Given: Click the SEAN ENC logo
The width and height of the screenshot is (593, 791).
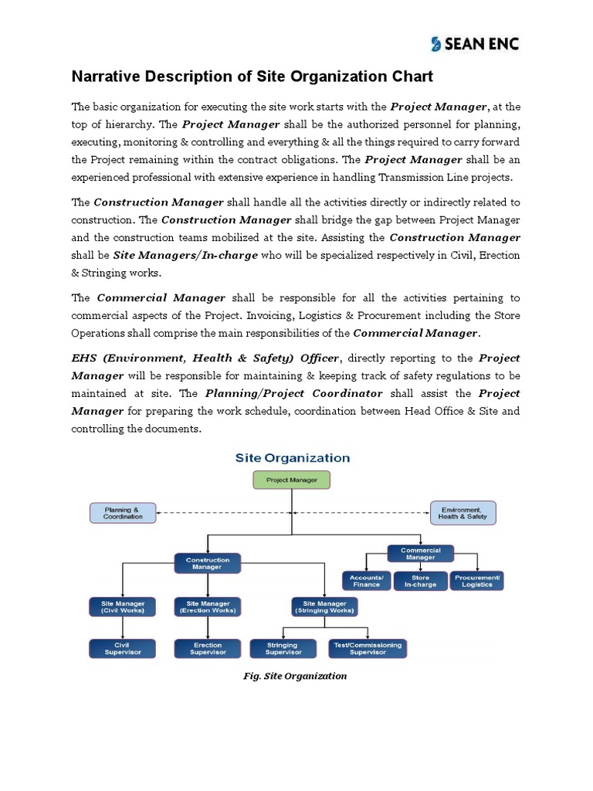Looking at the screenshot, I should coord(475,44).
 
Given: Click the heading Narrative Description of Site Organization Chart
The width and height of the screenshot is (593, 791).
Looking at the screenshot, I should coord(252,76).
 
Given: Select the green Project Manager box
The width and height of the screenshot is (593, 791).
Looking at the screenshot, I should coord(291,480).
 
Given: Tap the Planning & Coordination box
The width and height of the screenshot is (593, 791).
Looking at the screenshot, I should coord(123,513).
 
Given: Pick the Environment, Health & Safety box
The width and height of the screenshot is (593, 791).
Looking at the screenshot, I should coord(463,513).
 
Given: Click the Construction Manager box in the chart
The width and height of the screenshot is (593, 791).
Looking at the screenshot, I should coord(207,563).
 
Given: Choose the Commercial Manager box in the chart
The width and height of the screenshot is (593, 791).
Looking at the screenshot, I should coord(420,553).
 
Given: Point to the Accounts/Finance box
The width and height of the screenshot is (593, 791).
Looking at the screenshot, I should coord(366,581).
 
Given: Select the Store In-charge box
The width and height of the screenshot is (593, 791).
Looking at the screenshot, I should coord(420,581).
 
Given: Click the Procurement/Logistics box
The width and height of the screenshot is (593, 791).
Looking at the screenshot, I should coord(477,581).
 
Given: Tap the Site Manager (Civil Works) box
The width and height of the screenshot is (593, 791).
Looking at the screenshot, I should coord(123,606).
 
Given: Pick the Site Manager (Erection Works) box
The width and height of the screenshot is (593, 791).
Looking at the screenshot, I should coord(206,606).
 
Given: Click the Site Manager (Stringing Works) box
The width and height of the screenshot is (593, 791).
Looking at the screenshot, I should coord(324,606).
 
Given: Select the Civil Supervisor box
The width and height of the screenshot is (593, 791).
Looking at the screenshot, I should coord(123,648).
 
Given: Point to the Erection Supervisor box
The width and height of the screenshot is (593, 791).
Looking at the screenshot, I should coord(207,648).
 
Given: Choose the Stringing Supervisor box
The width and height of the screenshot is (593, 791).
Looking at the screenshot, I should coord(283,648).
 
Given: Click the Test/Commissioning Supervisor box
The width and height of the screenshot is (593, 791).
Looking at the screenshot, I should coord(368,648).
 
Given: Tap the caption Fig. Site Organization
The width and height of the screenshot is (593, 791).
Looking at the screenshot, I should coord(295,676).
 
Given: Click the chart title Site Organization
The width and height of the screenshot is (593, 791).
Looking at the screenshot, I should coord(292,457).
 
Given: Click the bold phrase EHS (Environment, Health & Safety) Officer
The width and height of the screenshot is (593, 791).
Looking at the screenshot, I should coord(205,358).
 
